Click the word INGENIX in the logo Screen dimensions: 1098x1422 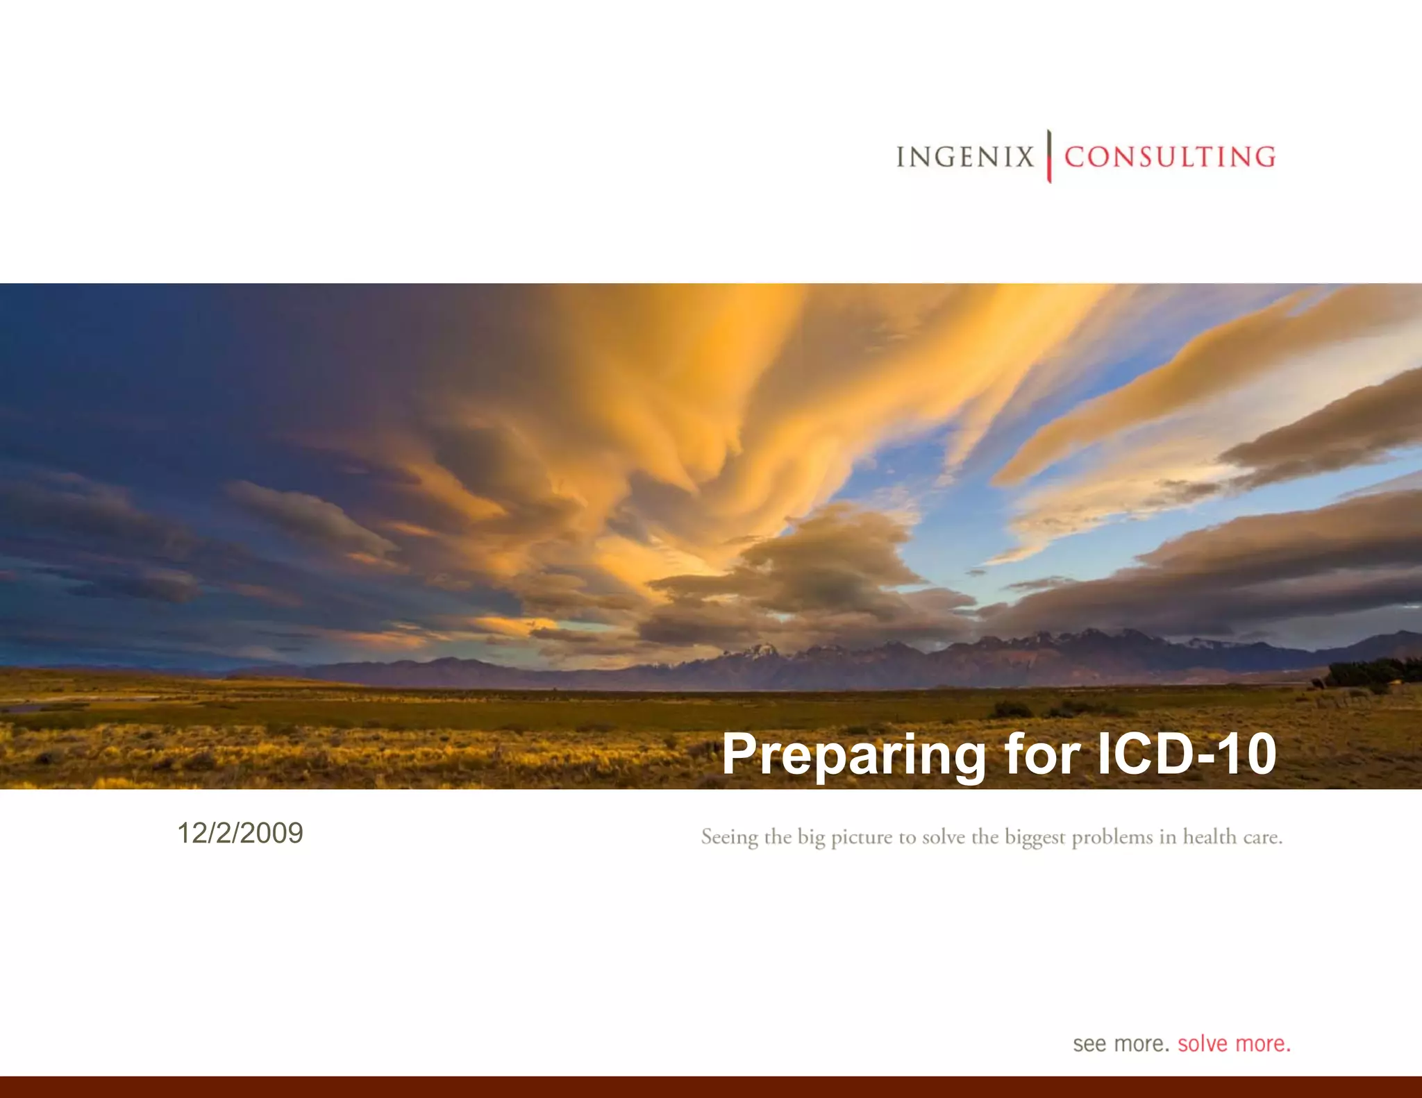(965, 157)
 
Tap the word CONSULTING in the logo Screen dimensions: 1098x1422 (1170, 157)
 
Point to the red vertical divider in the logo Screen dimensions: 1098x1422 (1049, 156)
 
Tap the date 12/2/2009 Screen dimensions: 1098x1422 (240, 833)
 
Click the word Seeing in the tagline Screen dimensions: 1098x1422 (729, 838)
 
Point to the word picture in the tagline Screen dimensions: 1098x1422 (862, 838)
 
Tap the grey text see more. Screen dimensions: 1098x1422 (1121, 1044)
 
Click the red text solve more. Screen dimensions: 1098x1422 (1234, 1044)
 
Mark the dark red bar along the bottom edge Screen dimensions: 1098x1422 (711, 1087)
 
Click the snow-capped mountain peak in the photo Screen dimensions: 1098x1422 (761, 650)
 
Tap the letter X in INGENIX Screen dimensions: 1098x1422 (1024, 157)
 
